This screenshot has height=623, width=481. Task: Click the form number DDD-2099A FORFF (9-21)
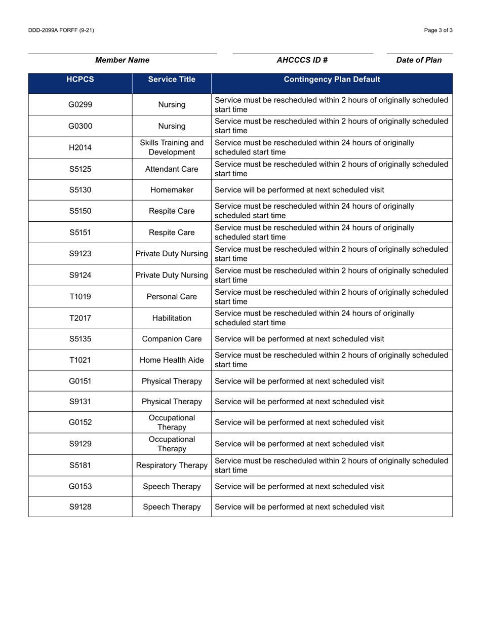tap(61, 30)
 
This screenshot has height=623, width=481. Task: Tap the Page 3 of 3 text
tap(438, 30)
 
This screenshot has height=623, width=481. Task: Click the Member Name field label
tap(122, 60)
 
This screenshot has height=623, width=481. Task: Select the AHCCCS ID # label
tap(302, 60)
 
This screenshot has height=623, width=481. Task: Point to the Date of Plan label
tap(419, 60)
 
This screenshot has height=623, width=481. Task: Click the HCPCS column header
tap(80, 80)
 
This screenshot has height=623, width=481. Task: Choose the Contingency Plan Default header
tap(332, 80)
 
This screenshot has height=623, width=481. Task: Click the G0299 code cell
tap(80, 105)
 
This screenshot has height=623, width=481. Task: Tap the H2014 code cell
tap(80, 148)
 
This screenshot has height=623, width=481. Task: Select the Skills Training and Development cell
tap(172, 148)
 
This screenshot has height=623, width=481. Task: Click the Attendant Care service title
tap(172, 169)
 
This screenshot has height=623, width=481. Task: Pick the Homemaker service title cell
tap(172, 190)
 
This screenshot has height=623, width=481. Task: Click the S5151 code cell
tap(80, 233)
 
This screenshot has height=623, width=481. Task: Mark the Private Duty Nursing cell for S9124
tap(172, 276)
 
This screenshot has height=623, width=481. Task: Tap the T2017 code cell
tap(80, 318)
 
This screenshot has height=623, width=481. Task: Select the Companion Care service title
tap(172, 339)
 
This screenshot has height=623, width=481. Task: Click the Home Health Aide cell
tap(172, 360)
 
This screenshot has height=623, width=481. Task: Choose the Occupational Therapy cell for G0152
tap(172, 422)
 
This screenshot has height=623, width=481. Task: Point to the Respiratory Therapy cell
tap(172, 465)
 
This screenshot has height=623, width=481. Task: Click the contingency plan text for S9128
tap(299, 507)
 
